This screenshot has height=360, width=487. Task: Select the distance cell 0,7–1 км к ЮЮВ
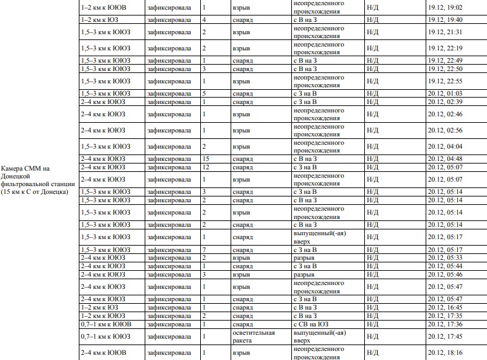(x=107, y=324)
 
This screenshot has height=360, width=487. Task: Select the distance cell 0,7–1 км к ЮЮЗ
(x=107, y=336)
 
